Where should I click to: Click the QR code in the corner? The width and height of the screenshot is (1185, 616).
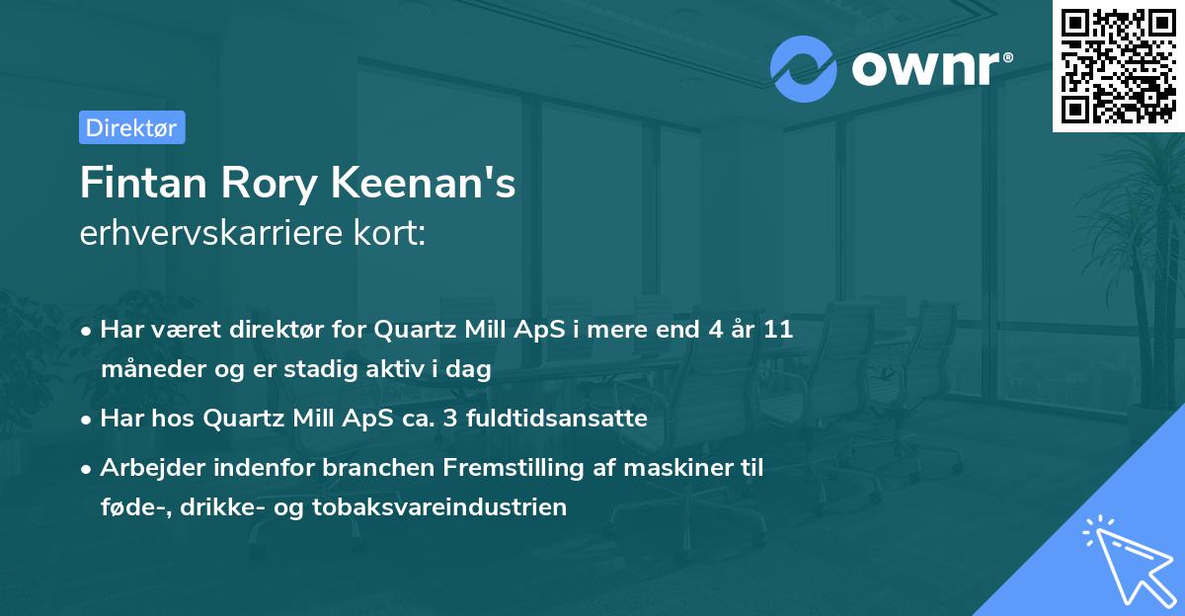point(1119,66)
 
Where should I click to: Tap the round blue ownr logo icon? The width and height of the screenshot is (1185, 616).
point(804,68)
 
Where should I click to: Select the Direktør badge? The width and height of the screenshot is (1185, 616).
point(131,127)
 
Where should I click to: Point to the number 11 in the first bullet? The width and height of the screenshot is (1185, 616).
point(779,330)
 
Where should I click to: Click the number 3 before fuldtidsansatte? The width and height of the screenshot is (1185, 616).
point(449,419)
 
